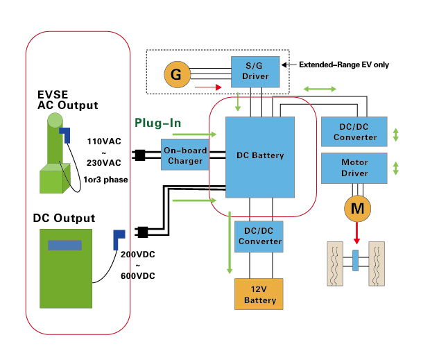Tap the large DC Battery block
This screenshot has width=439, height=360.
(260, 156)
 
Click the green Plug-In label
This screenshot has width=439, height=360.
(158, 123)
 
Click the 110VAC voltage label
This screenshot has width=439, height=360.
(104, 142)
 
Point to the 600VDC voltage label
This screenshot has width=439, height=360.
(138, 276)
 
